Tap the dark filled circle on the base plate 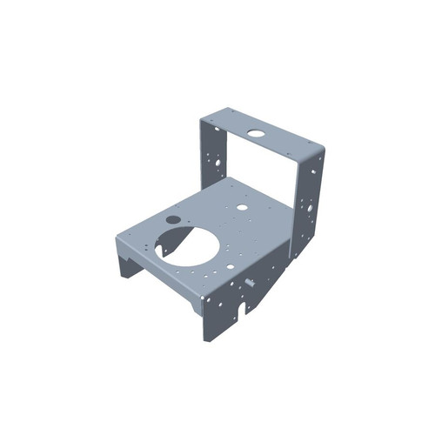click(172, 219)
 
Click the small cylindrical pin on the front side click(251, 282)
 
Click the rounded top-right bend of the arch click(321, 150)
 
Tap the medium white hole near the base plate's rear click(241, 208)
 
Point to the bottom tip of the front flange click(208, 338)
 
